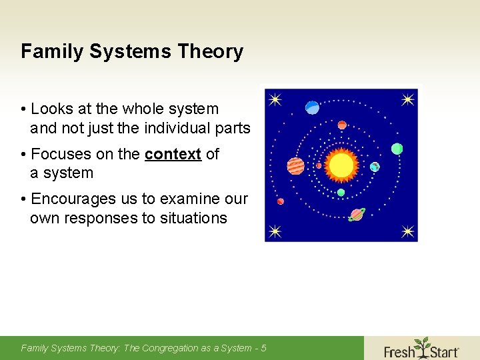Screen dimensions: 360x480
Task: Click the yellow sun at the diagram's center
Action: (341, 165)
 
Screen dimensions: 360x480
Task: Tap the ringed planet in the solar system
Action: (357, 215)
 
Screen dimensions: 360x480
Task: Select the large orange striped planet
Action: (295, 165)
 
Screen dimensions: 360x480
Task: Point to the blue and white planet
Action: (312, 107)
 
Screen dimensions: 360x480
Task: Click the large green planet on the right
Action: (397, 149)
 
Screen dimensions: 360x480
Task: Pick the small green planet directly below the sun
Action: (341, 193)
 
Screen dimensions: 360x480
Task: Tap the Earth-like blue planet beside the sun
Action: (375, 167)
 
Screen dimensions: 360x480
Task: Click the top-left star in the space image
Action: (275, 100)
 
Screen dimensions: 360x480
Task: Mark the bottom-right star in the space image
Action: (408, 231)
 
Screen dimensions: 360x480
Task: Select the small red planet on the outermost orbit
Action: (281, 201)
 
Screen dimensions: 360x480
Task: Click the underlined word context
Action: (173, 154)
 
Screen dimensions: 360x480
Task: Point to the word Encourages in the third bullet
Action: (71, 199)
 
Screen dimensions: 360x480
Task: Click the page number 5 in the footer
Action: (264, 348)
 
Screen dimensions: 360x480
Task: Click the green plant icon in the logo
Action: (421, 345)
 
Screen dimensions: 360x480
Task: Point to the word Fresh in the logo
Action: (399, 351)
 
